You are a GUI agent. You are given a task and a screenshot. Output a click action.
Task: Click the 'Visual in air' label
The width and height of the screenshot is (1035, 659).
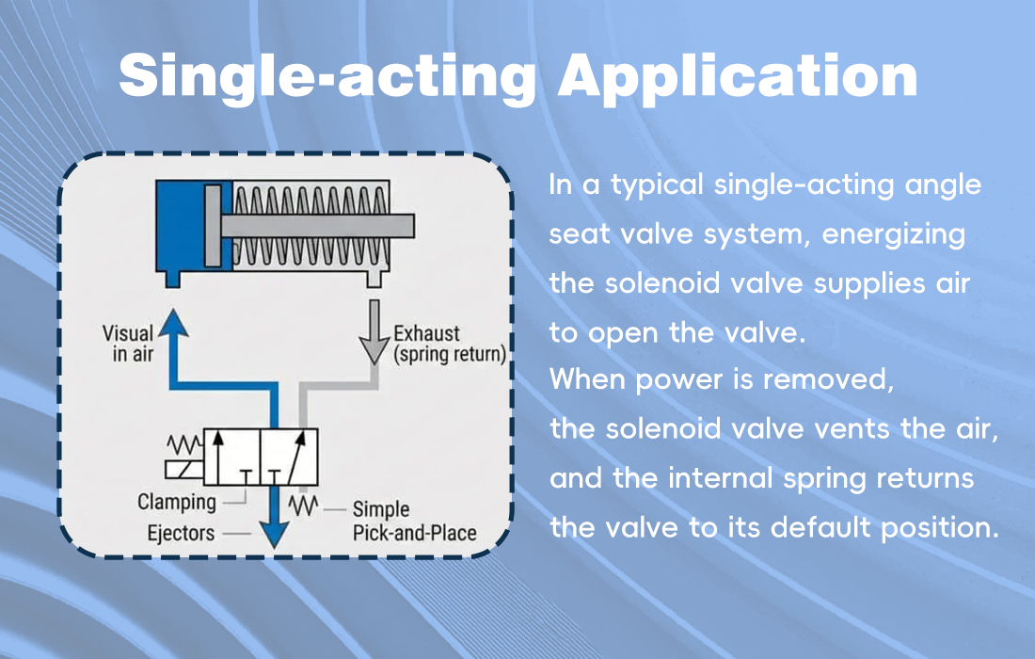(x=130, y=344)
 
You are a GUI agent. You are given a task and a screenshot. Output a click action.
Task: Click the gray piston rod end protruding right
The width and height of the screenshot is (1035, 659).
(x=400, y=226)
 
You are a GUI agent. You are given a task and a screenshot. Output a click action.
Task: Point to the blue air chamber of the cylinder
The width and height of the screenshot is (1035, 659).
(x=179, y=226)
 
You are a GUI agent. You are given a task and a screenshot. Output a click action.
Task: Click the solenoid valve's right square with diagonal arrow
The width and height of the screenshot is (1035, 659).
(x=288, y=457)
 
